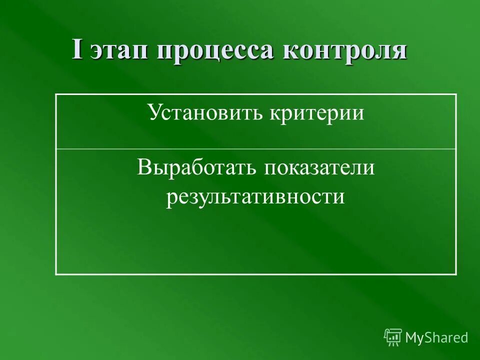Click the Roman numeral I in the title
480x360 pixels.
78,50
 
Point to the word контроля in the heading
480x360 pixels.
345,51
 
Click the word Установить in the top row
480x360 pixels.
206,113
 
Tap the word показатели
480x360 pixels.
320,167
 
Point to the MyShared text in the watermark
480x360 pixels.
436,337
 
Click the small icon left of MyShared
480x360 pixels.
392,337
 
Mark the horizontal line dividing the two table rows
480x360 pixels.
255,149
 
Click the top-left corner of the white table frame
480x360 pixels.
55,94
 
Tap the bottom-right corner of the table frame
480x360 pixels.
456,274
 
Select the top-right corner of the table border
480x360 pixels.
456,94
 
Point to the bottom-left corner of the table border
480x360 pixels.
55,274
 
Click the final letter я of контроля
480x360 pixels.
399,52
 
